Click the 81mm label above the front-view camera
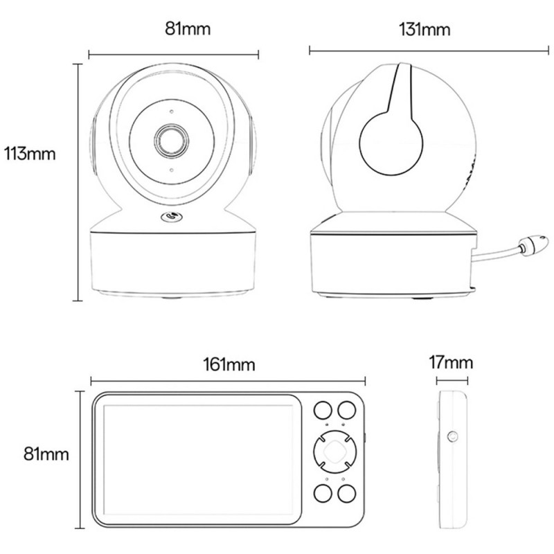[x=187, y=30]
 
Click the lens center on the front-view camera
[x=170, y=139]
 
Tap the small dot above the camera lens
[x=170, y=109]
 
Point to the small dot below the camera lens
[x=170, y=168]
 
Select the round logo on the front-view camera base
[x=170, y=217]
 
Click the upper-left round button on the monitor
[x=323, y=411]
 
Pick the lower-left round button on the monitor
[x=323, y=494]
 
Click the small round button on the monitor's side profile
[x=453, y=436]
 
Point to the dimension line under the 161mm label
[x=227, y=379]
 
